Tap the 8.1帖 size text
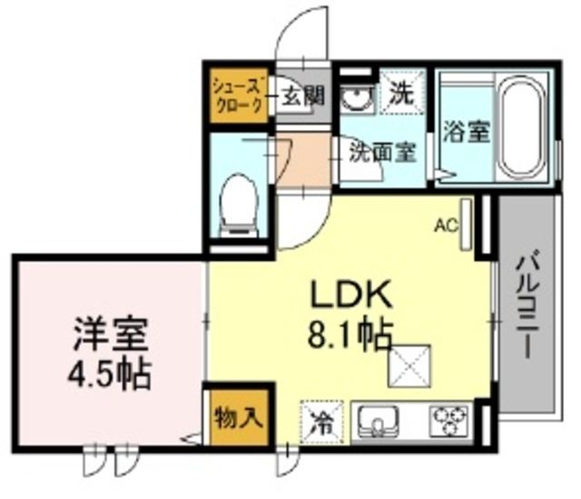point(350,335)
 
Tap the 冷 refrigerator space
point(320,421)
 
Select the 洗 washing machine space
point(399,92)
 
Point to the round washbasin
point(356,97)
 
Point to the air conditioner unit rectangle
point(467,224)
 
